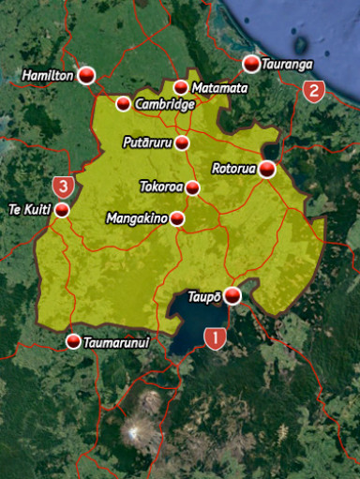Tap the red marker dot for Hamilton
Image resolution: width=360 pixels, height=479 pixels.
tap(86, 76)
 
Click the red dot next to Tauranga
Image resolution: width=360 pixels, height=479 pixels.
tap(251, 64)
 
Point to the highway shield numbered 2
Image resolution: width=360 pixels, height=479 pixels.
tap(313, 91)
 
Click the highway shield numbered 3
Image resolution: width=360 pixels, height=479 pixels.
tap(64, 186)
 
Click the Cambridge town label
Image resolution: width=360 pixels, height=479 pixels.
tap(164, 104)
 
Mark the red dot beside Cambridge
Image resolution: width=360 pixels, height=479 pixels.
tap(124, 103)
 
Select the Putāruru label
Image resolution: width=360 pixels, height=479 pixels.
tap(148, 142)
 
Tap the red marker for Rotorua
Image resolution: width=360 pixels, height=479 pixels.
tap(267, 169)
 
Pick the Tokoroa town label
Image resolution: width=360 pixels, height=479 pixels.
tap(160, 187)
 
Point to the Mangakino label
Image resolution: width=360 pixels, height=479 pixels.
tap(137, 218)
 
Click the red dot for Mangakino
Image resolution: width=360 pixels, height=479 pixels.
tap(176, 218)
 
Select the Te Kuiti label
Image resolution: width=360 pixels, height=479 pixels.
tap(28, 209)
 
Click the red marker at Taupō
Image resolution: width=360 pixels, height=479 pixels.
tap(232, 296)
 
